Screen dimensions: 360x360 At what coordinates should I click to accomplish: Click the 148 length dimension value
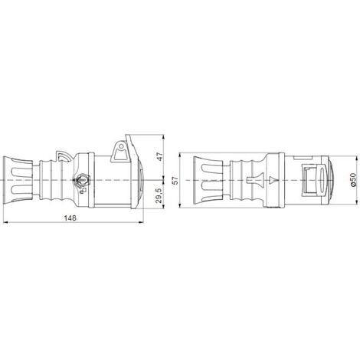pos(70,218)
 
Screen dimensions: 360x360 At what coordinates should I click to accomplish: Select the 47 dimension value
pos(159,156)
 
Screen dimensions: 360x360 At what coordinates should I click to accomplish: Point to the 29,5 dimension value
pos(159,195)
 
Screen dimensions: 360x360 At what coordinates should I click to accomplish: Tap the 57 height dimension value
pos(175,181)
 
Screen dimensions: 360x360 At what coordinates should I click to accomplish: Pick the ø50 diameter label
pos(353,180)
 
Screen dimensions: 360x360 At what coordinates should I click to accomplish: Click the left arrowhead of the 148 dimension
pos(5,223)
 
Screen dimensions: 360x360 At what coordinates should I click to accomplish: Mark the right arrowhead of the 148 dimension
pos(141,223)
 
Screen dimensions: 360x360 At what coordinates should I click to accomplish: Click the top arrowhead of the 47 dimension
pos(163,136)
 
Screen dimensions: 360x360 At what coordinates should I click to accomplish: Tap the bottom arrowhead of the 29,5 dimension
pos(163,206)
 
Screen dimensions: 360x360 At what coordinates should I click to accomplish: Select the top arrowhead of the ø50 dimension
pos(356,159)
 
